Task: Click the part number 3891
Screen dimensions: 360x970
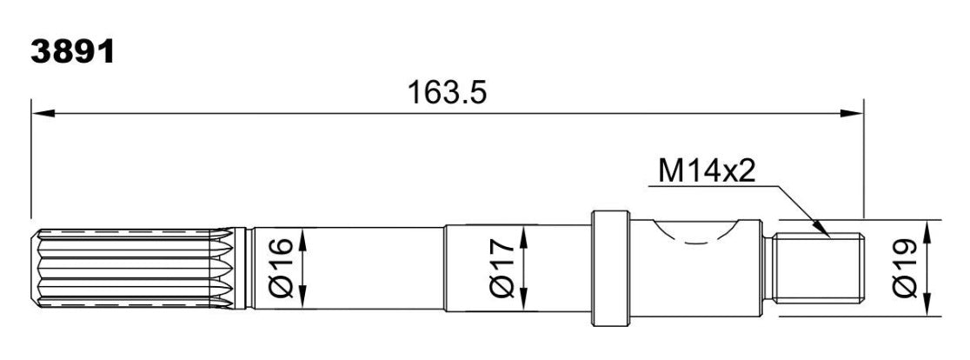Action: point(72,52)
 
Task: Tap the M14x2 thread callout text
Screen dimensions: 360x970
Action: point(706,170)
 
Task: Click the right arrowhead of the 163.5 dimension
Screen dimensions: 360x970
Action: point(854,113)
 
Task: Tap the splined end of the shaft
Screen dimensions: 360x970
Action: point(130,269)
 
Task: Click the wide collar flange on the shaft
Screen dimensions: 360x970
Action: point(610,269)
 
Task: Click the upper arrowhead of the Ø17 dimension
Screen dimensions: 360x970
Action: point(524,231)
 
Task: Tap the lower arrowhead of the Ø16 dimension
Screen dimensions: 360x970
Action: point(302,299)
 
